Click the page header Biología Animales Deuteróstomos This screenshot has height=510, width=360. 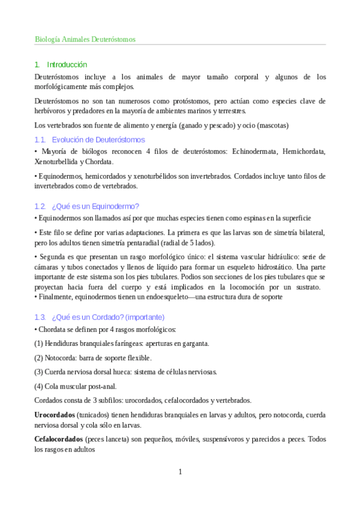pyautogui.click(x=85, y=39)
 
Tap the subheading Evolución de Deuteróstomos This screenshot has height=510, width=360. pyautogui.click(x=98, y=140)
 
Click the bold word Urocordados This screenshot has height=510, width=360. pyautogui.click(x=55, y=415)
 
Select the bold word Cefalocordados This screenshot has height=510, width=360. pyautogui.click(x=59, y=439)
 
